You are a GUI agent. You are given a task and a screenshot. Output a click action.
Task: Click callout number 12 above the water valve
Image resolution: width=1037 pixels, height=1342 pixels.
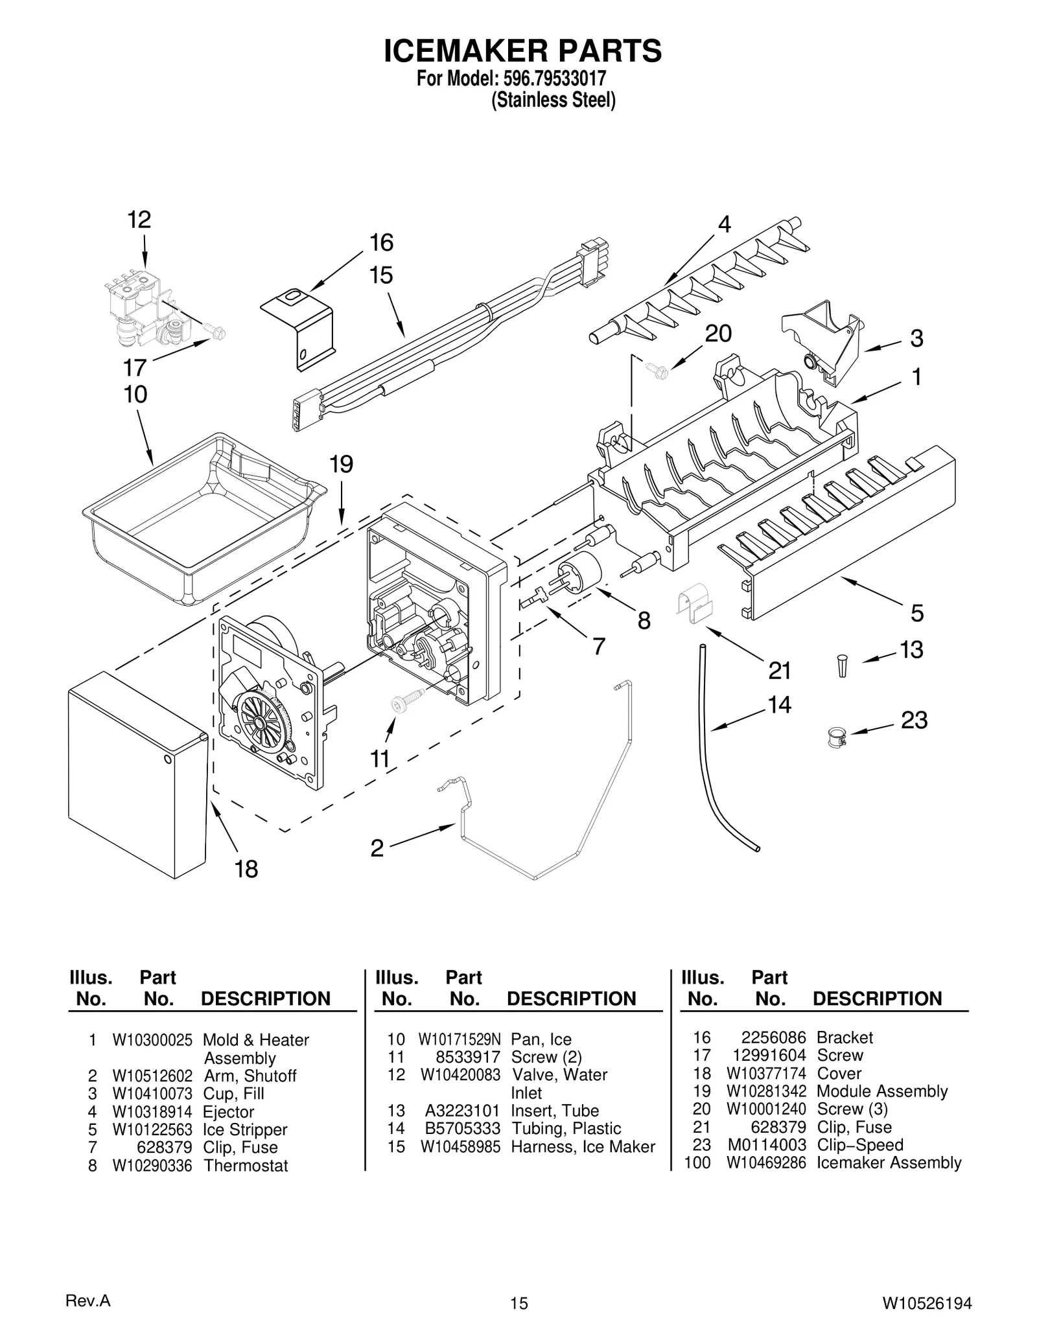tap(139, 220)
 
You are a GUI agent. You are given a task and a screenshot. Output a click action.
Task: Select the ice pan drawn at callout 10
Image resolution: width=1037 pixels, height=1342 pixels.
tap(201, 518)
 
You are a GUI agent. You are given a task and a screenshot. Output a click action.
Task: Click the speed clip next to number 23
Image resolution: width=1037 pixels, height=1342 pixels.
tap(837, 737)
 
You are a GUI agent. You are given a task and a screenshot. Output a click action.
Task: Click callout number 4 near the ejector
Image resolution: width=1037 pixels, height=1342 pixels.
tap(724, 224)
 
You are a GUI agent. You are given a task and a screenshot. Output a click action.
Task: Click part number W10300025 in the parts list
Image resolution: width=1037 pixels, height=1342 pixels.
tap(152, 1040)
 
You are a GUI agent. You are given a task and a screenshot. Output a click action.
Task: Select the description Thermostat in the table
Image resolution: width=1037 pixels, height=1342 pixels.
tap(246, 1165)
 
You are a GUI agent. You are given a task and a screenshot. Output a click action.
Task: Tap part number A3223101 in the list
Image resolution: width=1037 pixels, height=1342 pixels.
tap(462, 1111)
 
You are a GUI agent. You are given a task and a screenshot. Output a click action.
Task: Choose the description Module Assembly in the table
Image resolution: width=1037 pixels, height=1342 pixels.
tap(881, 1091)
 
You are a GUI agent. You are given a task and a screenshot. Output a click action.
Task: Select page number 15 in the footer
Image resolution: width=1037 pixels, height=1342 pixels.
tap(518, 1302)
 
